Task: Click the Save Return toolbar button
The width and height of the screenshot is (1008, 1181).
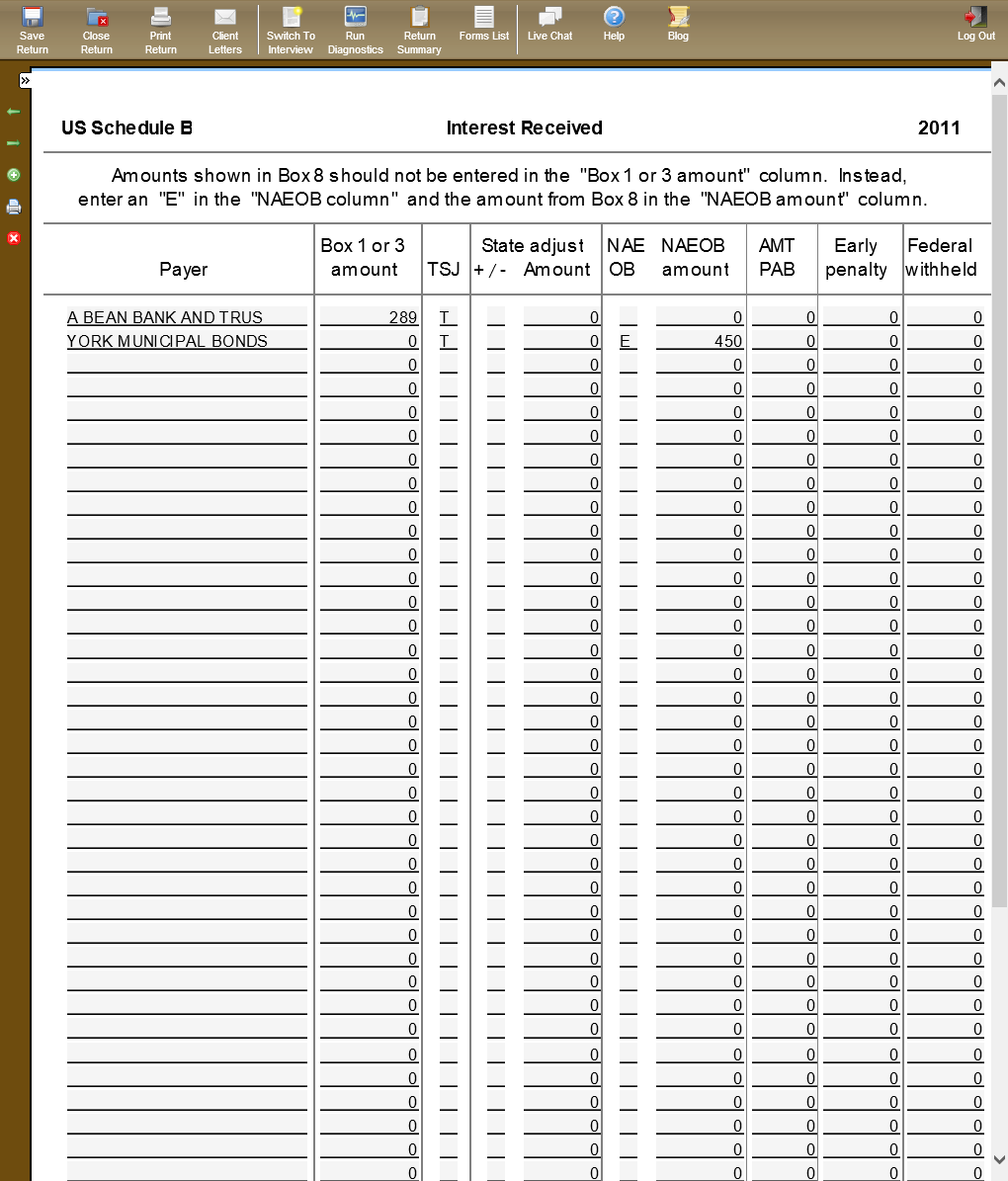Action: point(32,29)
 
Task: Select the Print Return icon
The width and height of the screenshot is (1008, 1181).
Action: point(160,29)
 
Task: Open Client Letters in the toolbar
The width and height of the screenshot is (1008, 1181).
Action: point(225,29)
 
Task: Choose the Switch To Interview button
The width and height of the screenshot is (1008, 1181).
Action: point(291,29)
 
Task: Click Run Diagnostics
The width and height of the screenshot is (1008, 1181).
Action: point(355,29)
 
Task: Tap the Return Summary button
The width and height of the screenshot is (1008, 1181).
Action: point(419,29)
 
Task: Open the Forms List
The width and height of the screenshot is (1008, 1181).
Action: point(484,24)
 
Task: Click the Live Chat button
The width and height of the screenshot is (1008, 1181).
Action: point(549,24)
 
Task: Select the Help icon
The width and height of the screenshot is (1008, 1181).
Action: point(614,24)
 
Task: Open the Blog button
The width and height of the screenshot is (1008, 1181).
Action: point(678,24)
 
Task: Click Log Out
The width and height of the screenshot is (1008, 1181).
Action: point(975,24)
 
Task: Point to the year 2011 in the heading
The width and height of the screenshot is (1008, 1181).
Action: point(939,127)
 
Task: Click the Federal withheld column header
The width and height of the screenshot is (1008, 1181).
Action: point(941,258)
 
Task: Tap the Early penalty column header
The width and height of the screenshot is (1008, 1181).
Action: point(856,258)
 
